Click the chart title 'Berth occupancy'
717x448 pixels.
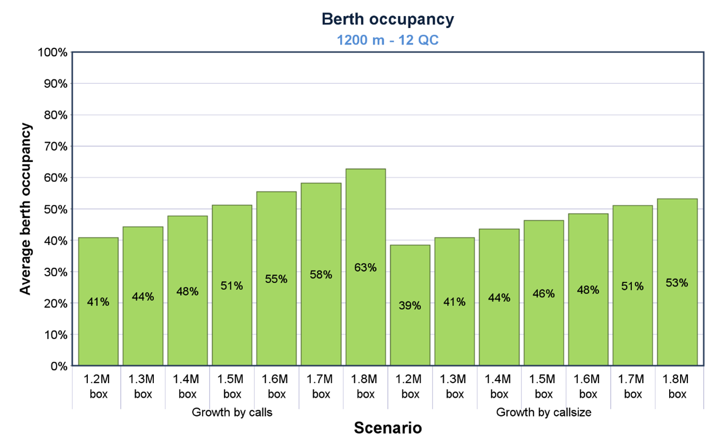(387, 19)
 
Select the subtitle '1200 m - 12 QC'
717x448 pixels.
(387, 40)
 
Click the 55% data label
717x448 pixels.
(276, 279)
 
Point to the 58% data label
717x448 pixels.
(321, 275)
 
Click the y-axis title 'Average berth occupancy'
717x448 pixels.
(25, 209)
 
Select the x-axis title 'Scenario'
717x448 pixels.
(387, 428)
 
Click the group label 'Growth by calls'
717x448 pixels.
(232, 413)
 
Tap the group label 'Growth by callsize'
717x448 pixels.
(543, 413)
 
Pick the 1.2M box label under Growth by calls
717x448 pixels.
(98, 386)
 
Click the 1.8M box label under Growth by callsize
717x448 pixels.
(677, 386)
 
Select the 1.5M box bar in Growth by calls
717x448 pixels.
(232, 312)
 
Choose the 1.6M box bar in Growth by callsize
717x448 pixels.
(588, 312)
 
